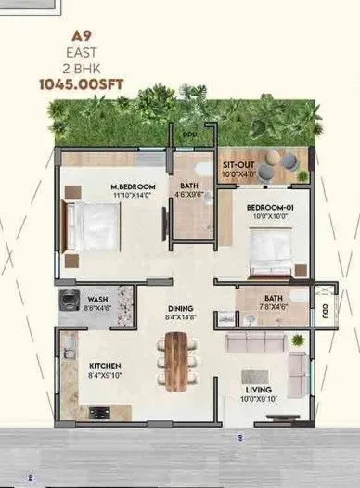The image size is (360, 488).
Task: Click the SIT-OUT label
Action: pos(238,165)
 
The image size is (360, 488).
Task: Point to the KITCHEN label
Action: pos(106,366)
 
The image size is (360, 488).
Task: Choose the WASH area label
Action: pos(99,299)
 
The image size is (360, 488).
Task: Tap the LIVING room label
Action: pos(256,389)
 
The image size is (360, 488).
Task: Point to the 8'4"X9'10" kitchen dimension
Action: pos(106,376)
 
